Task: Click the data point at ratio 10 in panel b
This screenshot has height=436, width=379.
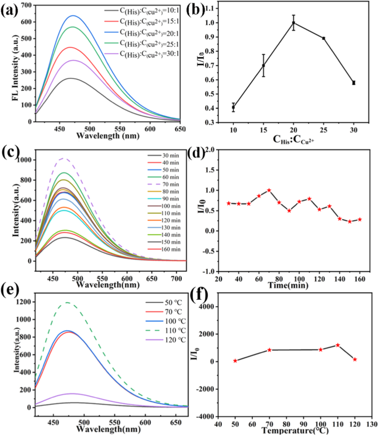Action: [x=234, y=107]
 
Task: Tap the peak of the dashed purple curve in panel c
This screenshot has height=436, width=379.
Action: [x=63, y=158]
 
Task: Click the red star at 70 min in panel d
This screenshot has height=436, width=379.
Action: [x=269, y=190]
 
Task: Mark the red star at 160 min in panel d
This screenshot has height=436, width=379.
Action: [x=360, y=220]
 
